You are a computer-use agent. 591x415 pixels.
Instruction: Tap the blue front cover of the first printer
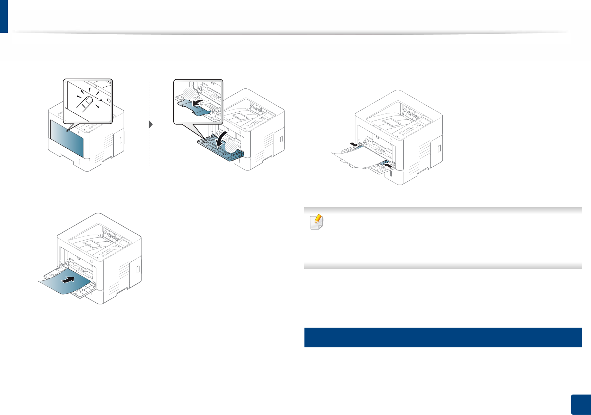(x=67, y=138)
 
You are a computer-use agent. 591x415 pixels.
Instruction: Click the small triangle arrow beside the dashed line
(x=151, y=124)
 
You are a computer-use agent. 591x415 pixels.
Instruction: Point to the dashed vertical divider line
(x=149, y=148)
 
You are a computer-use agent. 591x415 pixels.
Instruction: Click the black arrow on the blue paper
(x=69, y=280)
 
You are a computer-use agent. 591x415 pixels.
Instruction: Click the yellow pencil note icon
(x=316, y=222)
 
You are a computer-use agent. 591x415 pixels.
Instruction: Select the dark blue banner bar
(x=443, y=337)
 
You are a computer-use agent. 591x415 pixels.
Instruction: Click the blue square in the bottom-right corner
(x=581, y=405)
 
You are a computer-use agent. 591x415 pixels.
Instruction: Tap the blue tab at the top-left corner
(x=4, y=16)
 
